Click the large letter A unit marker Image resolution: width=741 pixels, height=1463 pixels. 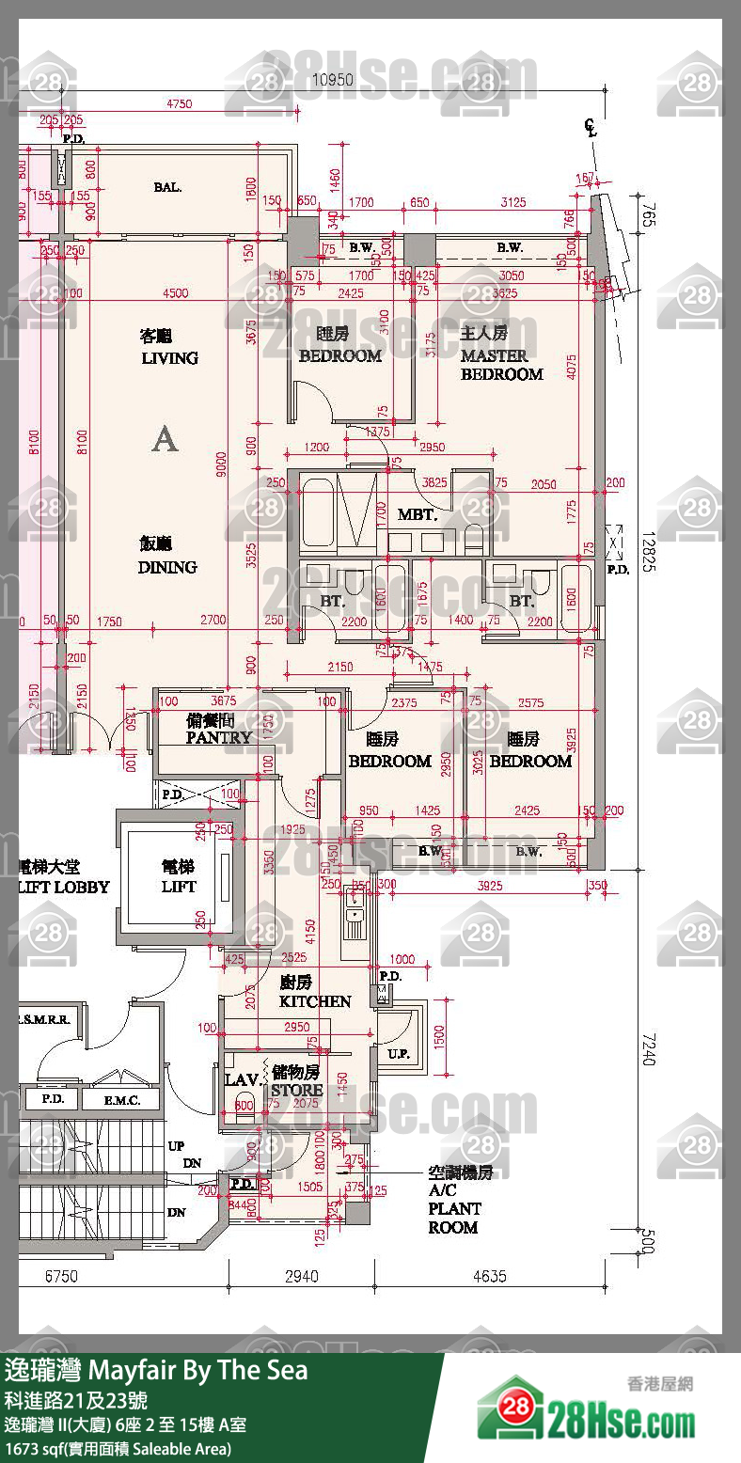[165, 439]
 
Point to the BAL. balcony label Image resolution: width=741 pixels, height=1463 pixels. [167, 187]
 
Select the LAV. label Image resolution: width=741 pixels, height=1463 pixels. [242, 1080]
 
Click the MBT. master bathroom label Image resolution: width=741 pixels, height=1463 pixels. [417, 514]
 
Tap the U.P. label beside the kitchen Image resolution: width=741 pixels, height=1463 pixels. [399, 1055]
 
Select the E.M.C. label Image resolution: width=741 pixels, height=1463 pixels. [122, 1099]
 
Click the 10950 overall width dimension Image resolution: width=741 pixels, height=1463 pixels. [332, 80]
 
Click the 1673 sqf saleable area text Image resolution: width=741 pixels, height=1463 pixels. [118, 1449]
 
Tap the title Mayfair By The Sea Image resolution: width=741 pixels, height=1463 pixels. [198, 1370]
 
